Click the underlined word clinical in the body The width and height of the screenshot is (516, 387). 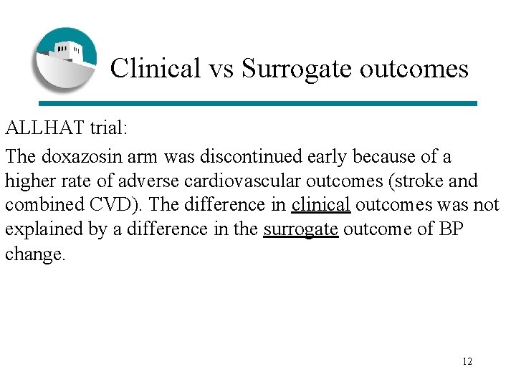(321, 205)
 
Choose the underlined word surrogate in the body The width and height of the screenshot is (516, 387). (300, 229)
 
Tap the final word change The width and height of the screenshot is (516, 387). (34, 254)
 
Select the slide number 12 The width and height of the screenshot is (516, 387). (467, 361)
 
